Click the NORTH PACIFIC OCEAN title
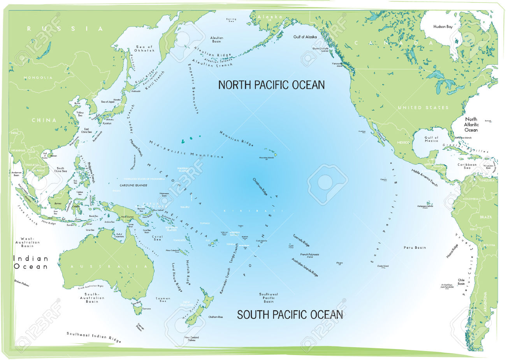(x=271, y=85)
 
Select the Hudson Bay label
(x=443, y=27)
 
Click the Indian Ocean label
(x=31, y=263)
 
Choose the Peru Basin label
(x=415, y=247)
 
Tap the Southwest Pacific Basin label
(x=269, y=298)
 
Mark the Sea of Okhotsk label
(x=144, y=49)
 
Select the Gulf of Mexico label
(x=431, y=139)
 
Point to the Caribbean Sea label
(x=467, y=166)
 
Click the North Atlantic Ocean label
(x=471, y=124)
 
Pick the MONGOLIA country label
(x=38, y=78)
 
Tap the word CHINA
(x=44, y=120)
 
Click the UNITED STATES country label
(x=423, y=107)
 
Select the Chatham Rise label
(x=216, y=317)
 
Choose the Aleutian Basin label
(x=217, y=40)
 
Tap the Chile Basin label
(x=461, y=282)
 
